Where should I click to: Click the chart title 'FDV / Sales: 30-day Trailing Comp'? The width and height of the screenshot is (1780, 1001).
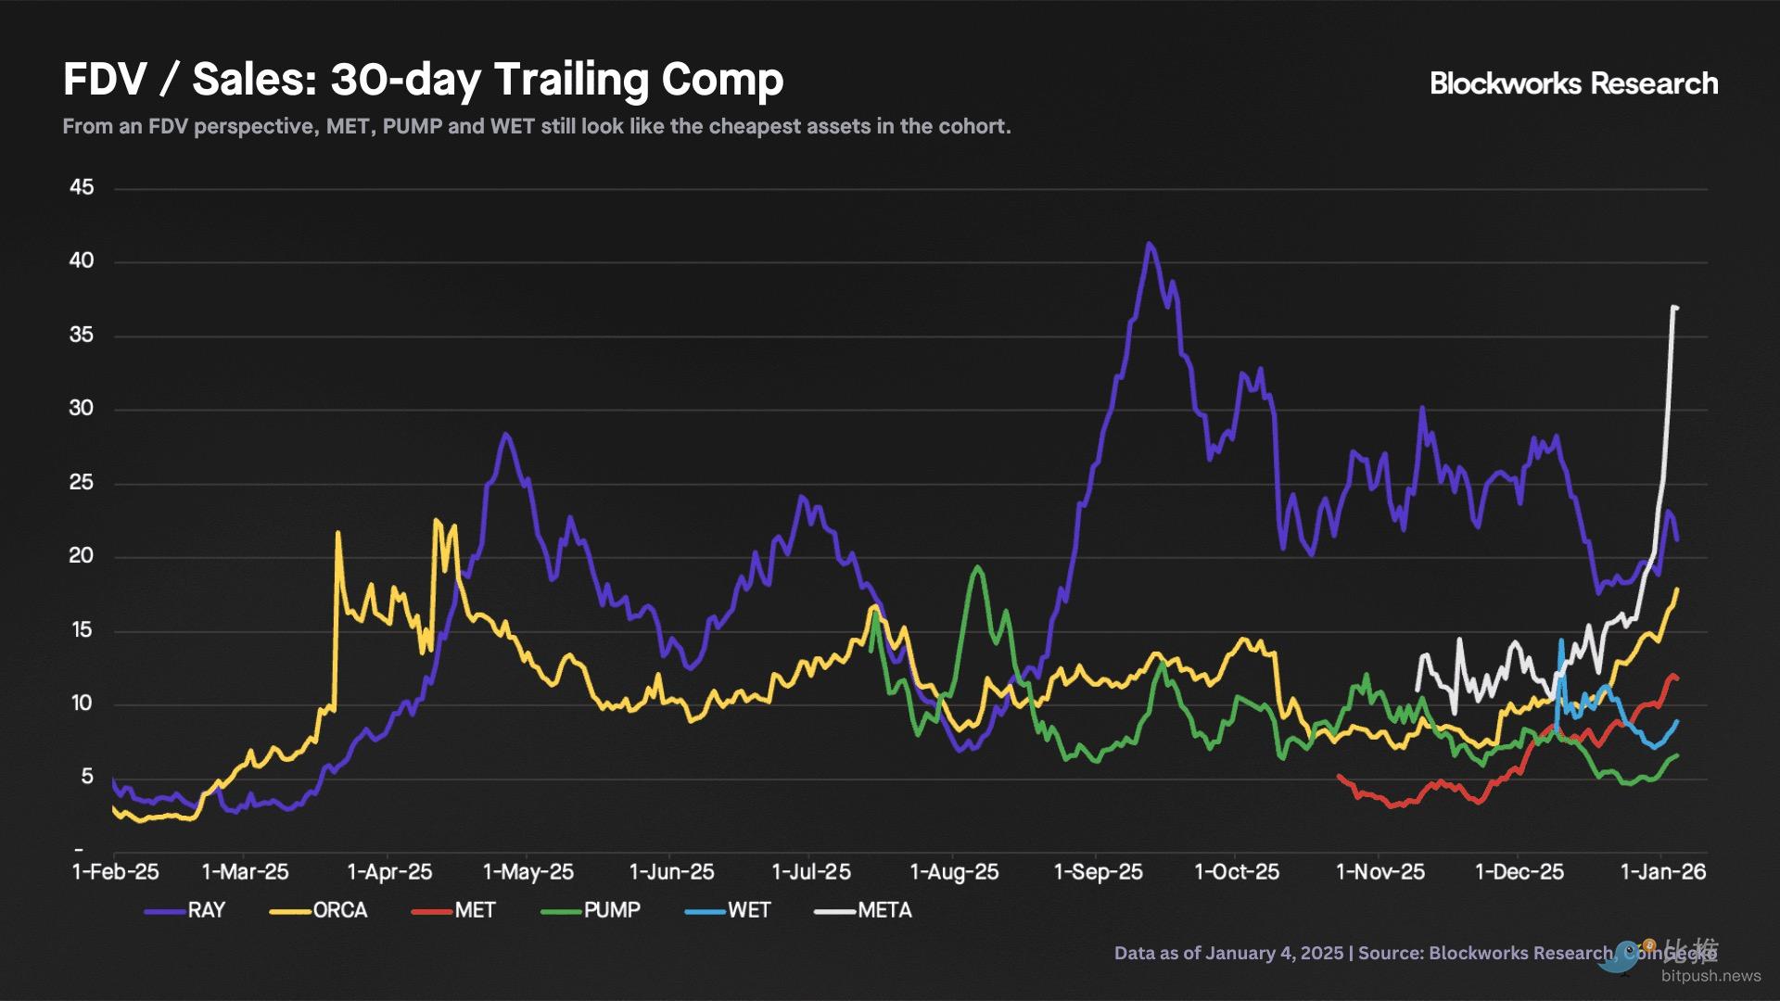(423, 80)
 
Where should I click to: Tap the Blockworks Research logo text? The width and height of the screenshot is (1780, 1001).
(1573, 83)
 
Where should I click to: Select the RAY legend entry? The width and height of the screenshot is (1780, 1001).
(186, 910)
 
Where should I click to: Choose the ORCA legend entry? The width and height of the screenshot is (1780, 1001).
(320, 910)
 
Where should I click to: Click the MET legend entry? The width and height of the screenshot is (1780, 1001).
(454, 910)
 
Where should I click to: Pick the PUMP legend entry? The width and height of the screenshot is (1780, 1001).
(591, 910)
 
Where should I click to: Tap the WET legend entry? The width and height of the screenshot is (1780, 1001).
(729, 910)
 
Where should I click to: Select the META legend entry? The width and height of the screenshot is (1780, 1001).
(864, 910)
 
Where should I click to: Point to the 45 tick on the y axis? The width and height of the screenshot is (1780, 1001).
(82, 187)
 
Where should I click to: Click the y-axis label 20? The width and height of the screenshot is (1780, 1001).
(82, 556)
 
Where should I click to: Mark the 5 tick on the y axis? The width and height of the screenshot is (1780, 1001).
(87, 777)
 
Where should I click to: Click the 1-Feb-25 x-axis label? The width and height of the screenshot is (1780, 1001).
(116, 872)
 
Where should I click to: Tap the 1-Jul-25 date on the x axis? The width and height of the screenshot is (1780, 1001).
(811, 872)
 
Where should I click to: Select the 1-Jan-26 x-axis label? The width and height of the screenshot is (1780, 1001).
(1662, 872)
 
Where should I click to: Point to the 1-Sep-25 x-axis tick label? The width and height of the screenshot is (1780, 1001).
(1099, 872)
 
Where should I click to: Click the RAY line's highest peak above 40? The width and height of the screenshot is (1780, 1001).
(1150, 245)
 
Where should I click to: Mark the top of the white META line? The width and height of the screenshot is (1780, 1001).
(1674, 307)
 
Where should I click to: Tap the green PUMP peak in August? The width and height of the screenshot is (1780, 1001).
(977, 567)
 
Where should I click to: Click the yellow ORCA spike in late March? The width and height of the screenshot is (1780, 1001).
(337, 533)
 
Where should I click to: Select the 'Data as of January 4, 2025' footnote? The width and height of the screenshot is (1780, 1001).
(1228, 953)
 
